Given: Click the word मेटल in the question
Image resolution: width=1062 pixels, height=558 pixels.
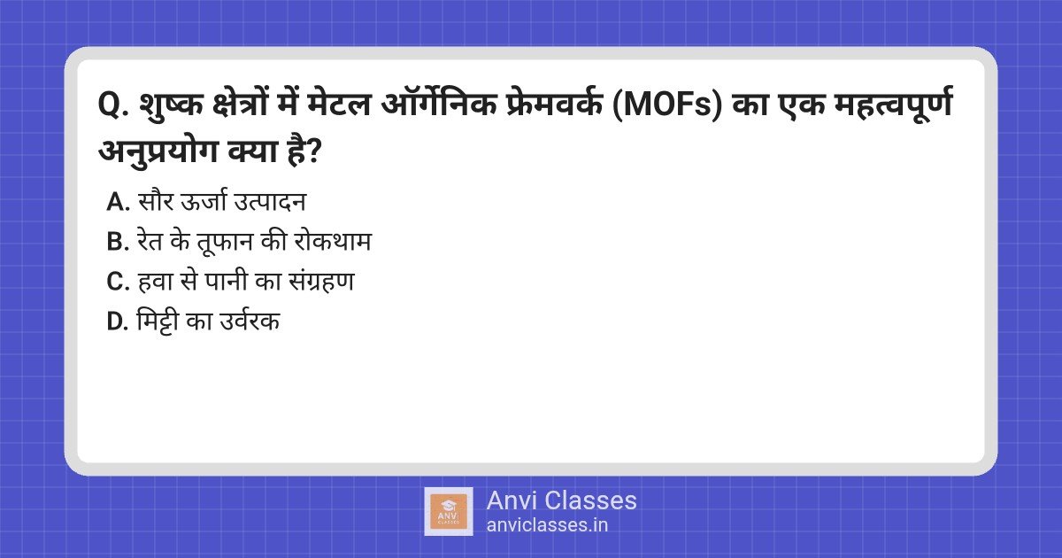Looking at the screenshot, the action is pyautogui.click(x=338, y=104).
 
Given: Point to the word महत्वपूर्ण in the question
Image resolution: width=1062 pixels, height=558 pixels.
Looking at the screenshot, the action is pyautogui.click(x=894, y=105).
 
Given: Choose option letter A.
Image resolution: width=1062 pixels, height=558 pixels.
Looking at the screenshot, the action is pyautogui.click(x=118, y=202).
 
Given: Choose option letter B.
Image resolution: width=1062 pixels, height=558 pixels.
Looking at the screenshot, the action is pyautogui.click(x=118, y=242).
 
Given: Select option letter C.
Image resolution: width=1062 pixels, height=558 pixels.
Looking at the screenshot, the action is pyautogui.click(x=118, y=282).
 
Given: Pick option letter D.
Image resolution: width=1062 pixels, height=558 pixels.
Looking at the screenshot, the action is pyautogui.click(x=118, y=322).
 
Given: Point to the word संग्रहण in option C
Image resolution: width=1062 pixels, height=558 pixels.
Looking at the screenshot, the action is pyautogui.click(x=322, y=280).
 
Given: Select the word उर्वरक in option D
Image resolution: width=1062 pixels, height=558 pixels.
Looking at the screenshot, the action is pyautogui.click(x=250, y=321).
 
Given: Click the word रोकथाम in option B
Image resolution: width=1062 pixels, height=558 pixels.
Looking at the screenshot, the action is pyautogui.click(x=333, y=241).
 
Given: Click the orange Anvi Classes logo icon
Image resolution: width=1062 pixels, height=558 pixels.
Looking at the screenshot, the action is pyautogui.click(x=449, y=512).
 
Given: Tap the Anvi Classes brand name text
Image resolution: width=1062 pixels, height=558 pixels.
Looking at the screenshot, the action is pyautogui.click(x=562, y=501).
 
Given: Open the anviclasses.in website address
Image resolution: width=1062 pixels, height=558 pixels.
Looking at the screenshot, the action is pyautogui.click(x=547, y=525).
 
